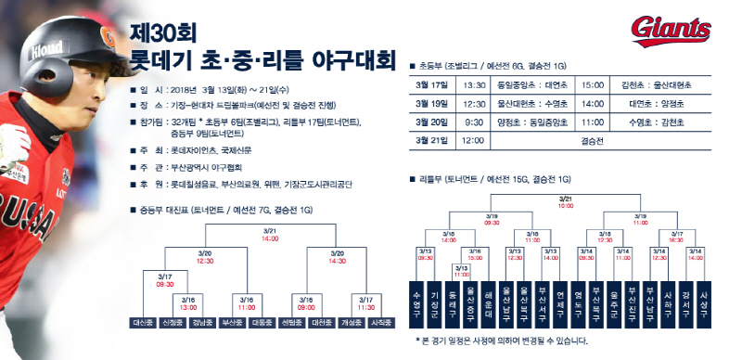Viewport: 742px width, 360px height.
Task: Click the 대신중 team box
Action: coord(144,323)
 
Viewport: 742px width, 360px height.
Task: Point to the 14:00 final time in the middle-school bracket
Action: coord(271,238)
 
